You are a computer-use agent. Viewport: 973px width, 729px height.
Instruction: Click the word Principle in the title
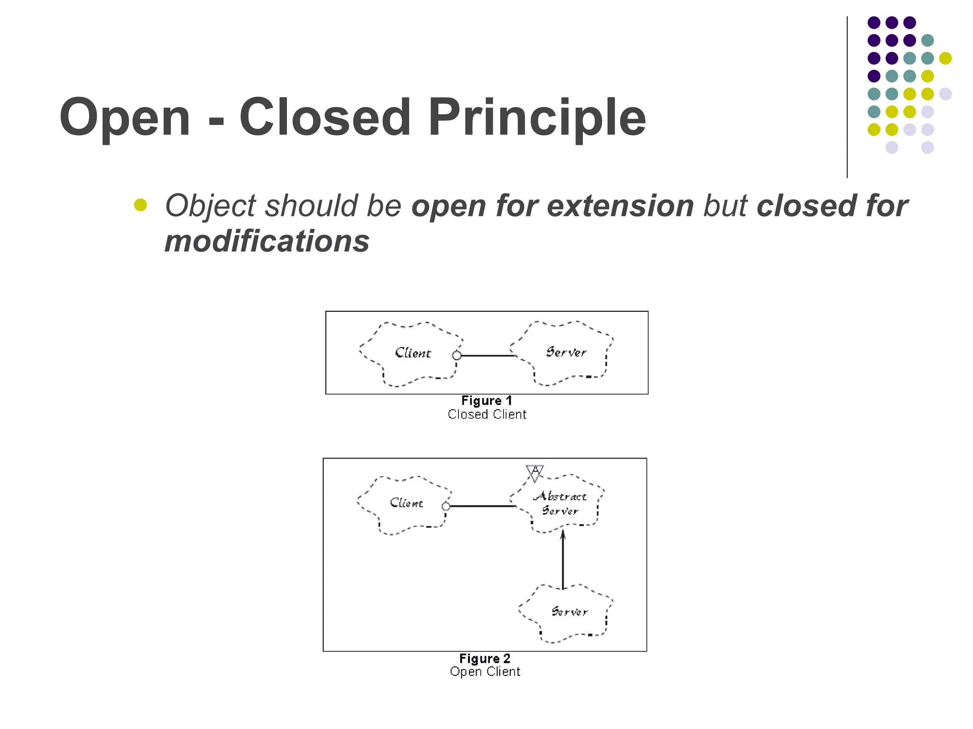point(537,118)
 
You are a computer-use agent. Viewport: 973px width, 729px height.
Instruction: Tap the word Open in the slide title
point(125,118)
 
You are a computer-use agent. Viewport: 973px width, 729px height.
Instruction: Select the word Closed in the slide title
point(324,118)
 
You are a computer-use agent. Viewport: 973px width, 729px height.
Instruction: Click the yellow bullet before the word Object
point(140,205)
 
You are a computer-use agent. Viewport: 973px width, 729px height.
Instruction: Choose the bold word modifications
point(267,242)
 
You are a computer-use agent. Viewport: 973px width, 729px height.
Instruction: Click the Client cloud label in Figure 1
point(412,353)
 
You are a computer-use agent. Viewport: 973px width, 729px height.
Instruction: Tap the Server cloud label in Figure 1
point(566,352)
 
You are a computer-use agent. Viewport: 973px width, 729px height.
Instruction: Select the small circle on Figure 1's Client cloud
point(457,355)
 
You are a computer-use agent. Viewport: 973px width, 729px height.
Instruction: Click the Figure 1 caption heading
point(486,401)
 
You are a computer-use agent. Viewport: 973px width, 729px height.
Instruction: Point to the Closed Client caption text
point(486,415)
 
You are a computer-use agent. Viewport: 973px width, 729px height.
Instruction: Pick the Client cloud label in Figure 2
point(406,503)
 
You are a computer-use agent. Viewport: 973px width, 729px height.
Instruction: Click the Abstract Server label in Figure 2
point(560,504)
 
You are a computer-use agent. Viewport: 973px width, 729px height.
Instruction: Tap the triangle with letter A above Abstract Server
point(535,473)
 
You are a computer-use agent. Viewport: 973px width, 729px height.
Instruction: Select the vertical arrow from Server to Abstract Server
point(563,560)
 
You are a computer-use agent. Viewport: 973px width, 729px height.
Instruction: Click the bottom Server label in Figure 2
point(569,612)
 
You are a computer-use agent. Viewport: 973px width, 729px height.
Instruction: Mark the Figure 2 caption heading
point(485,659)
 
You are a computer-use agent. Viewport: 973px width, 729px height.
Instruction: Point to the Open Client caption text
point(485,672)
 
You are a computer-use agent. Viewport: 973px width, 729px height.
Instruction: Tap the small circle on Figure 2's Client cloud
point(446,506)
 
